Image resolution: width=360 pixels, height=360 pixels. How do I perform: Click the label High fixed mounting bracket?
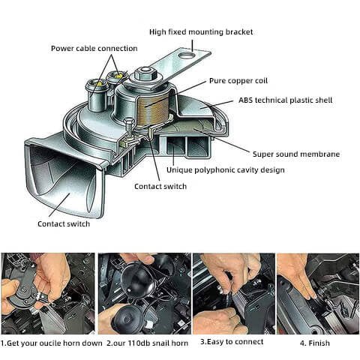click(x=200, y=31)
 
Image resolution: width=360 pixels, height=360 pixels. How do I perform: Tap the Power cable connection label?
click(x=94, y=48)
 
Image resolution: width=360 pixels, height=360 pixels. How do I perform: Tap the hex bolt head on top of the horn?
click(x=144, y=75)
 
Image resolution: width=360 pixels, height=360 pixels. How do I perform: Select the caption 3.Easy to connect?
click(x=232, y=341)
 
